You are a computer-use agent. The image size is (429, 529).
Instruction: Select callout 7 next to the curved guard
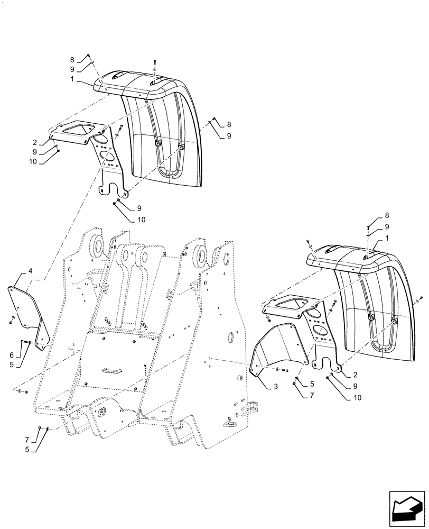click(x=312, y=395)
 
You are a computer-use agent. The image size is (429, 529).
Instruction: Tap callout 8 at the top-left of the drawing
click(x=72, y=60)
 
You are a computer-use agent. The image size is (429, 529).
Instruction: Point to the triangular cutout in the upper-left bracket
click(x=77, y=129)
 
